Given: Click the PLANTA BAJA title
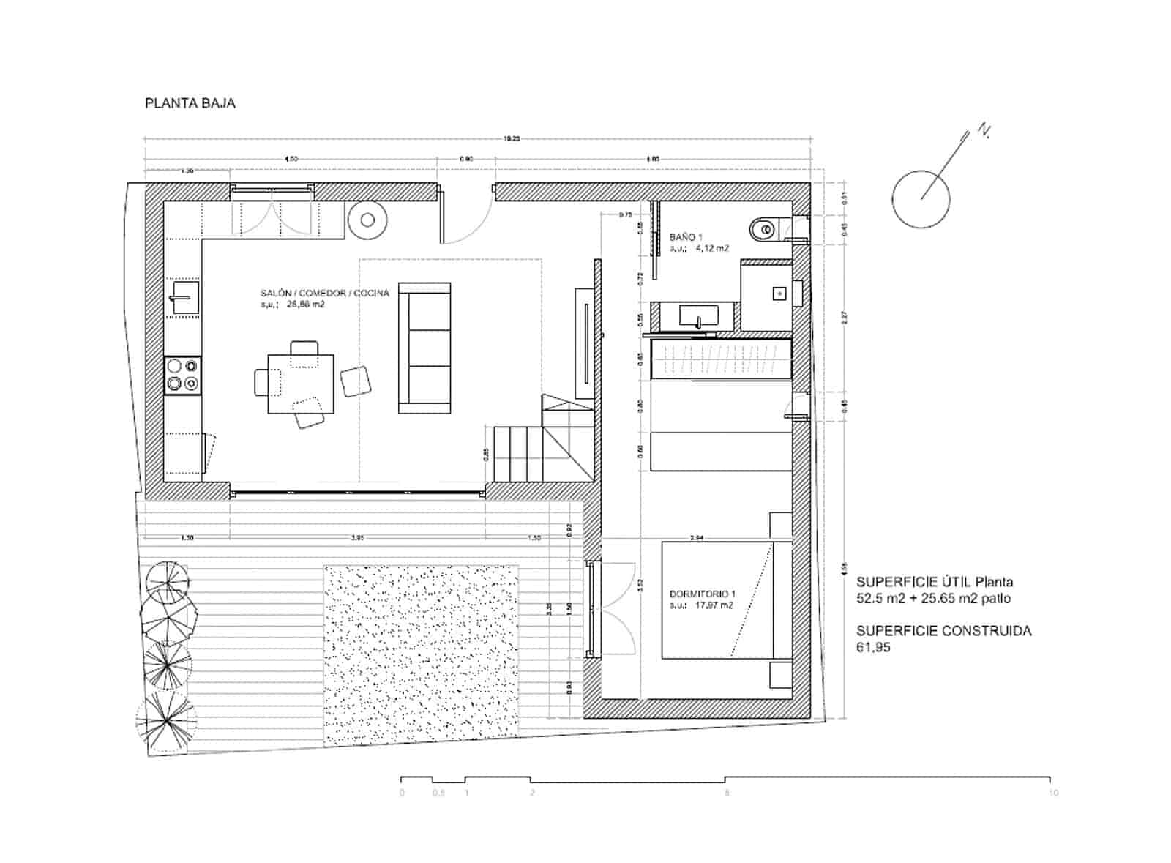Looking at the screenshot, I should point(190,103).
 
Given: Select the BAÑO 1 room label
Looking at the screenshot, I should point(686,237).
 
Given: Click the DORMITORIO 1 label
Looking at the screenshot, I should point(702,594).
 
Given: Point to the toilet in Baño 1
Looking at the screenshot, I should point(763,230).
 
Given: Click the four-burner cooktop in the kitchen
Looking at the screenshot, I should point(182,375).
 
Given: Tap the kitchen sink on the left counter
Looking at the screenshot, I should point(184,299).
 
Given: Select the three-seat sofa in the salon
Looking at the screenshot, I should point(424,348).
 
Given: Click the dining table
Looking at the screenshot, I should point(300,384).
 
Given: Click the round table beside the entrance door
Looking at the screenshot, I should point(367,220).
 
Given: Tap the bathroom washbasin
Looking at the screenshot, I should point(699,316).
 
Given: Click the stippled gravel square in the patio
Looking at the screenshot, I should point(421,654).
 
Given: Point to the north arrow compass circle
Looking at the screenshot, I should point(921,199).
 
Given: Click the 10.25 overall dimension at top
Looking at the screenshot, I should point(511,138).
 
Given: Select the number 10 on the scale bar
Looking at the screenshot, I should point(1052,793).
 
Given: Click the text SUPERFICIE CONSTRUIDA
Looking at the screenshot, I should point(943,631).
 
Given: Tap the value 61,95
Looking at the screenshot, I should point(873,647).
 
